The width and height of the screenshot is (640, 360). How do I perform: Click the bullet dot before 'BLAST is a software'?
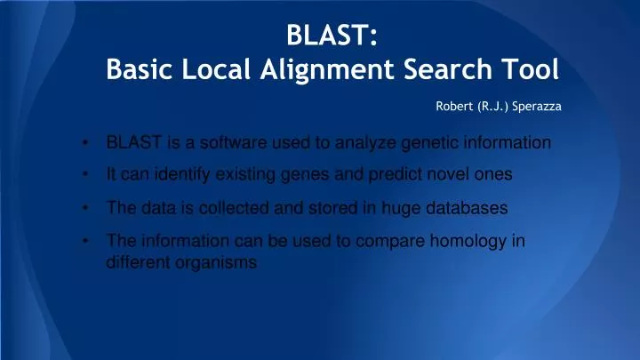83,143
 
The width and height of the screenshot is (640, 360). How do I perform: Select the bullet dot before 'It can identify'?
83,176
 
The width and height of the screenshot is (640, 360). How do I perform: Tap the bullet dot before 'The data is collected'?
83,209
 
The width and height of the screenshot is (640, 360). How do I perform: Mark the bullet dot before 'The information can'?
83,239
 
